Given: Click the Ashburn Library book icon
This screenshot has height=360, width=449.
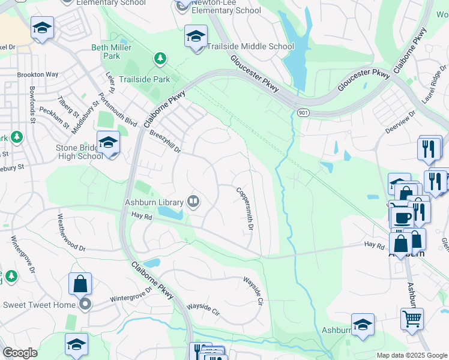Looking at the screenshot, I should tap(193, 202).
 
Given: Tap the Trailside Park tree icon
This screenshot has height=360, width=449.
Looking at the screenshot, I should tap(160, 58).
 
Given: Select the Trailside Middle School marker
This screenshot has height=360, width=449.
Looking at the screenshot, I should tap(196, 37).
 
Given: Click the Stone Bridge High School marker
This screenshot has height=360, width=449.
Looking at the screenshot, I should tap(108, 143).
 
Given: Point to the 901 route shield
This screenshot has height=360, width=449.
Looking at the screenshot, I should tap(303, 113).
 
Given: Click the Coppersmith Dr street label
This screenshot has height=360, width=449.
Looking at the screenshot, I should tap(246, 209).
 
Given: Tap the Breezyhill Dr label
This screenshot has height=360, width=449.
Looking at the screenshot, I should tap(164, 142).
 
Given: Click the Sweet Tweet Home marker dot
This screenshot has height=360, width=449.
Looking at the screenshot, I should tap(85, 304).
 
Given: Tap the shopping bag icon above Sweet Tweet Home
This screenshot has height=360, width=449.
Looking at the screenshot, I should tap(80, 284).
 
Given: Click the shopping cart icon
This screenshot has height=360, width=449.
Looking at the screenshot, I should tap(412, 319).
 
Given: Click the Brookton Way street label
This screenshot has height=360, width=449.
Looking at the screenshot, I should tap(37, 74).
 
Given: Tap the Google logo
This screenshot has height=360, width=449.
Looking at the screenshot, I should tap(20, 353).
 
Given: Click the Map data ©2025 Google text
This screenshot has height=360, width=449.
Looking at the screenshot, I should tap(412, 355).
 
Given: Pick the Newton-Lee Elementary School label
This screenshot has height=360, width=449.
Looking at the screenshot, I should tap(227, 10).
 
